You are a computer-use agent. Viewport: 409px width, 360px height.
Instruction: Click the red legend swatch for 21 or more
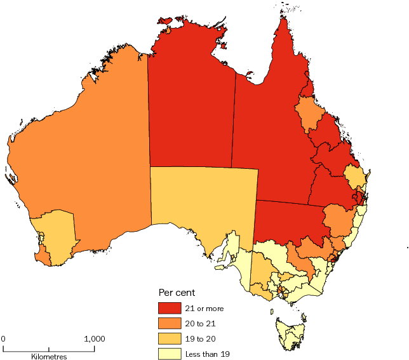(169, 309)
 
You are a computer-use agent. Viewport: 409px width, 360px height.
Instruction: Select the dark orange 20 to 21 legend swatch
(169, 323)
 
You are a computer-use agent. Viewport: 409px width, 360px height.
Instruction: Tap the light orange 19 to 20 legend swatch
(169, 338)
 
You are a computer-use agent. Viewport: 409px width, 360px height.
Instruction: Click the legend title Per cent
(176, 293)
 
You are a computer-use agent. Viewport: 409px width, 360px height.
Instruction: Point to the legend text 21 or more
(204, 309)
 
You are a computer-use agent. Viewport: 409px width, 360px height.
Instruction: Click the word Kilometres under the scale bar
(49, 356)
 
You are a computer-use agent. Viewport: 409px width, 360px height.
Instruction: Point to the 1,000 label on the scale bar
(94, 338)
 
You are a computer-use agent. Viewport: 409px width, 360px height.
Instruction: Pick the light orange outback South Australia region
(203, 203)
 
